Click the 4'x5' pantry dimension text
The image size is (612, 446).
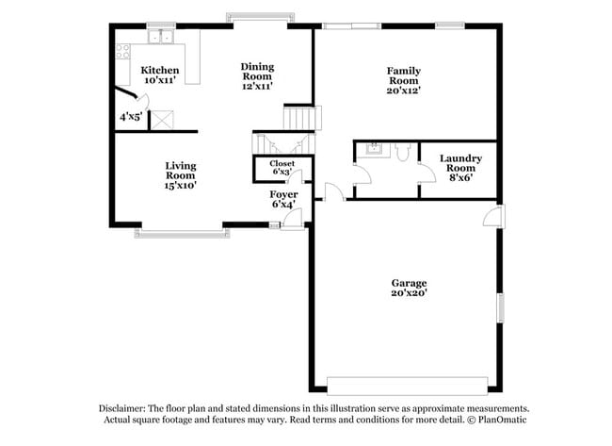[130, 118]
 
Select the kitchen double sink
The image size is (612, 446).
[164, 37]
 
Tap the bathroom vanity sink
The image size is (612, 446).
[376, 148]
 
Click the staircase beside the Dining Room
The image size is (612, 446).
[300, 119]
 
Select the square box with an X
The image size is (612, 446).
[164, 120]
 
